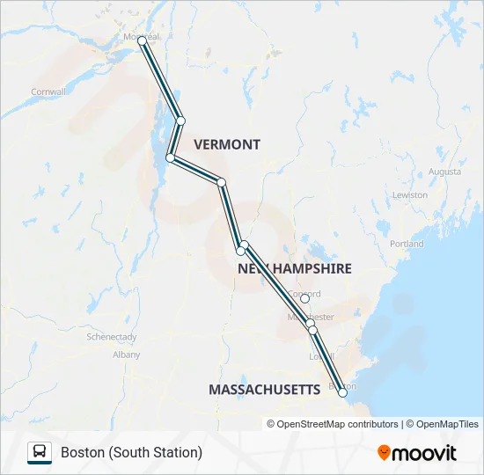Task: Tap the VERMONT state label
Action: pyautogui.click(x=227, y=144)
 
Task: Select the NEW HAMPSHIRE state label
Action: pyautogui.click(x=295, y=268)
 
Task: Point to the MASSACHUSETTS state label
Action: pyautogui.click(x=264, y=389)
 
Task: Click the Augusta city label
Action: pyautogui.click(x=444, y=172)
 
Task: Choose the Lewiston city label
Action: pyautogui.click(x=410, y=194)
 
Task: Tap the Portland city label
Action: pyautogui.click(x=406, y=244)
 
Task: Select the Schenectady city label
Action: pyautogui.click(x=111, y=337)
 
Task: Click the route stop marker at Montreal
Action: pyautogui.click(x=143, y=40)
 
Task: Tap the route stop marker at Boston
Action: pyautogui.click(x=342, y=393)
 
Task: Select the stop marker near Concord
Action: pyautogui.click(x=304, y=299)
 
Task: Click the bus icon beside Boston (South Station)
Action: pyautogui.click(x=40, y=452)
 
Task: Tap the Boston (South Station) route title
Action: pyautogui.click(x=132, y=452)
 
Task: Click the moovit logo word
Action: pyautogui.click(x=425, y=453)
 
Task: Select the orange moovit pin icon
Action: pyautogui.click(x=384, y=453)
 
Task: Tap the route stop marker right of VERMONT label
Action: pyautogui.click(x=222, y=183)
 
